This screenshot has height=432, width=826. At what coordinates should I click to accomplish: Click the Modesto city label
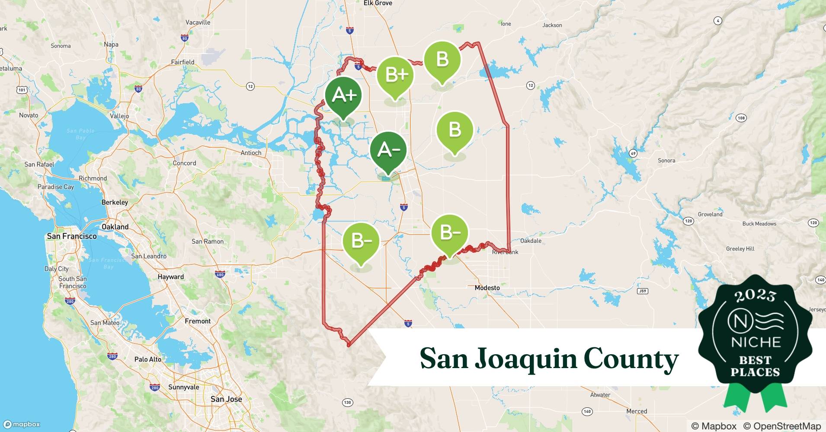coord(487,288)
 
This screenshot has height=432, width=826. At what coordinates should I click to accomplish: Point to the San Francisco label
coord(72,236)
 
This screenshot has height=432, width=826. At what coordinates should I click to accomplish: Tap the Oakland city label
coord(115,227)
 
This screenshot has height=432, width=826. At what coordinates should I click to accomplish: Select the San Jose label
coord(226,399)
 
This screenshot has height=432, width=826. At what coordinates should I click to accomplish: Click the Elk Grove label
coord(378,3)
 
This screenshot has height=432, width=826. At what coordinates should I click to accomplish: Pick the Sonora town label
coord(666,160)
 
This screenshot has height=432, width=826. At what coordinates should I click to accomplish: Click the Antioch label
coord(251,153)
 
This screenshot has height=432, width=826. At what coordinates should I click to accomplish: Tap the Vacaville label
coord(198,22)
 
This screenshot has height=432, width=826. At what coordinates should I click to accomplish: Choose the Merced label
coord(637,411)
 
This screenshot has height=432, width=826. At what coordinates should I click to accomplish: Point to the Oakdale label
coord(531,241)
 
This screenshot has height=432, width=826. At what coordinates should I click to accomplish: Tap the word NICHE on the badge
coord(756,343)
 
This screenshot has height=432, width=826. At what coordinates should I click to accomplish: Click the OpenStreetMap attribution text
coord(781,426)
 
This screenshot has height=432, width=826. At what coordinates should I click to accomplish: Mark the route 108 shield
coord(741,118)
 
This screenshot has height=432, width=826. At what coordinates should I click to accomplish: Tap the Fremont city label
coord(198,321)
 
